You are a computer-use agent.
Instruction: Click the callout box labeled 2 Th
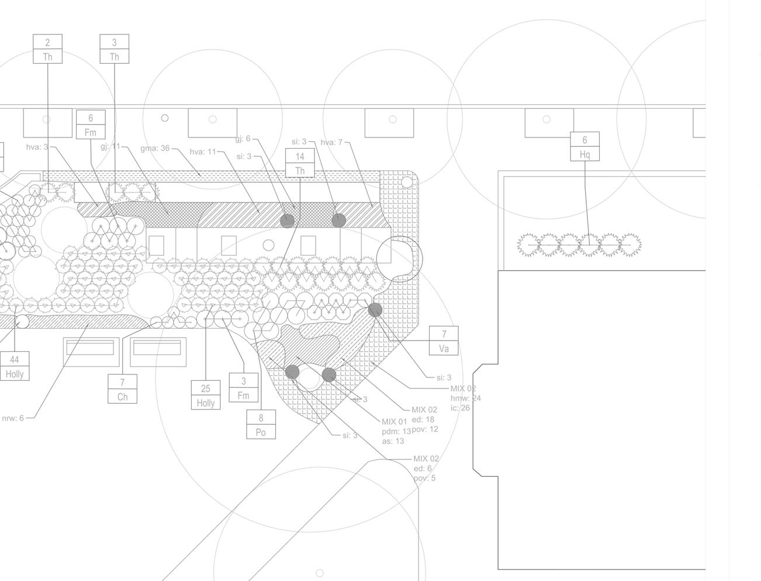[x=47, y=49]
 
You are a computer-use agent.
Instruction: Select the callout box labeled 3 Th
[x=114, y=49]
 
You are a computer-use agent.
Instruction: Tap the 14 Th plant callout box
[x=300, y=163]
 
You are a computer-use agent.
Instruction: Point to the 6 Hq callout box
[x=584, y=147]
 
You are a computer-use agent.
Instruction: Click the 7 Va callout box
[x=444, y=341]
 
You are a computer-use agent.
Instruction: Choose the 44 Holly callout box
[x=15, y=367]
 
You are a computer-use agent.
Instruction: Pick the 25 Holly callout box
[x=206, y=396]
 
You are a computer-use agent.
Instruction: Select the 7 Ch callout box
[x=122, y=389]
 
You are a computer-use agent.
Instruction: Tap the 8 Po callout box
[x=261, y=425]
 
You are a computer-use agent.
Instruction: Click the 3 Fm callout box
[x=243, y=388]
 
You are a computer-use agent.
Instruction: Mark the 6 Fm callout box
[x=91, y=125]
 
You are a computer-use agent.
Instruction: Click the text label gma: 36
[x=155, y=149]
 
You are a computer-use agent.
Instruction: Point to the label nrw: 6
[x=13, y=418]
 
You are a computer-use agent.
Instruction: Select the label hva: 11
[x=202, y=152]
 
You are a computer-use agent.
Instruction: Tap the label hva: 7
[x=331, y=143]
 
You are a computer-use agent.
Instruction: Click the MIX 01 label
[x=394, y=422]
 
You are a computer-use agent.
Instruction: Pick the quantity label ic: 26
[x=460, y=408]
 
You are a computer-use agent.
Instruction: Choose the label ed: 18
[x=423, y=420]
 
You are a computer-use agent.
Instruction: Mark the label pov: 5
[x=424, y=478]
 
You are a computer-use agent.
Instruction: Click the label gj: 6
[x=243, y=139]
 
